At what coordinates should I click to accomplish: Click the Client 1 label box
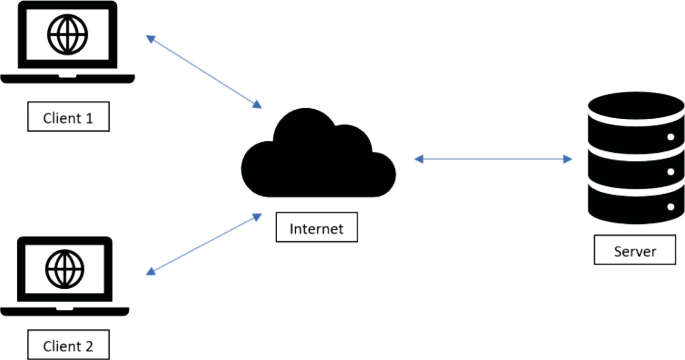[x=68, y=118]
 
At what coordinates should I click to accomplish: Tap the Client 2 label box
[x=68, y=346]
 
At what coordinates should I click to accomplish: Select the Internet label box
[x=316, y=229]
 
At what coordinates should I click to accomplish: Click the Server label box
[x=633, y=251]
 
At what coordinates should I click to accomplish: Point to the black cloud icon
[x=316, y=156]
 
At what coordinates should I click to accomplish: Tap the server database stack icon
[x=632, y=156]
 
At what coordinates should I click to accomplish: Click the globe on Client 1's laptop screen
[x=68, y=36]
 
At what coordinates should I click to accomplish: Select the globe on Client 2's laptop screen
[x=68, y=267]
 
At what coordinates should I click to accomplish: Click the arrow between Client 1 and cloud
[x=204, y=72]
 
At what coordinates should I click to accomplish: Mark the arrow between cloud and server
[x=492, y=158]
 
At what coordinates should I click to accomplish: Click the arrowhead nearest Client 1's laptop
[x=151, y=39]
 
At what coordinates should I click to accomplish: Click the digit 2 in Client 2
[x=89, y=347]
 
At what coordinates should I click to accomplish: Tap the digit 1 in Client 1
[x=89, y=118]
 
